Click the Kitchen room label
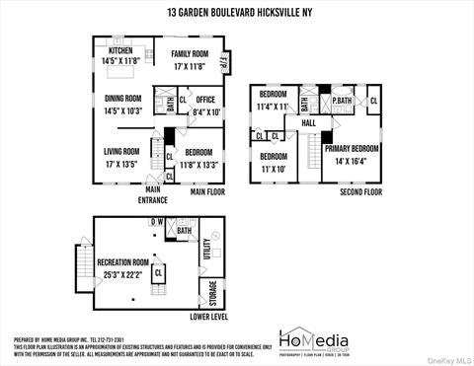click(121, 50)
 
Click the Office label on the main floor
click(205, 100)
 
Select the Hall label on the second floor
click(308, 123)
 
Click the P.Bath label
click(343, 101)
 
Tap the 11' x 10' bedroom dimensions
click(274, 169)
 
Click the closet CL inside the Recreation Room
click(157, 275)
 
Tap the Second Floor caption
click(360, 192)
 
